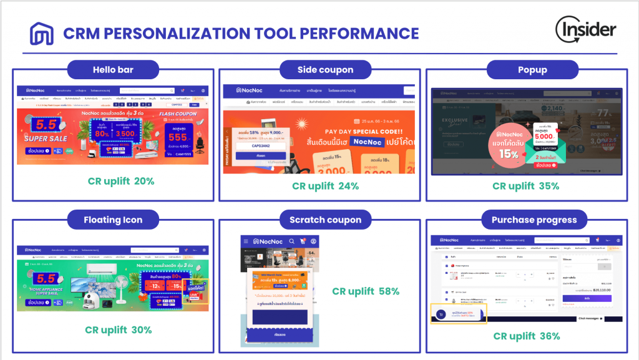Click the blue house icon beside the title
(41, 34)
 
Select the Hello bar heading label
(112, 69)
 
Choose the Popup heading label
(525, 69)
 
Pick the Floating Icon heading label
(113, 220)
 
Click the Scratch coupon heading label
(325, 220)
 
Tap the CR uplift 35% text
(525, 186)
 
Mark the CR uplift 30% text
(119, 330)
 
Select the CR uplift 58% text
(366, 291)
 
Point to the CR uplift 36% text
(526, 336)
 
